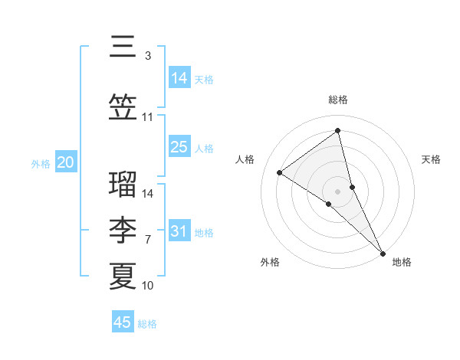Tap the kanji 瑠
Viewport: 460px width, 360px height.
pos(123,184)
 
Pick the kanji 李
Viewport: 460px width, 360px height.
pos(123,230)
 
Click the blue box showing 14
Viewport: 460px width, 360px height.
pos(179,78)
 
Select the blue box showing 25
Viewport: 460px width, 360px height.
pos(179,148)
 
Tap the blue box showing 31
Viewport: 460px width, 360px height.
pos(179,231)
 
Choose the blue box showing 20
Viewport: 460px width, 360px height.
pos(66,162)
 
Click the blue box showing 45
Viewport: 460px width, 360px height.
pos(123,322)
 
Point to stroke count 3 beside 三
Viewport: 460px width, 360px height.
pos(147,56)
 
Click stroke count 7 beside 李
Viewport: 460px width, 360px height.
pos(147,240)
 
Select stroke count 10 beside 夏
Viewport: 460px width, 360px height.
pos(147,286)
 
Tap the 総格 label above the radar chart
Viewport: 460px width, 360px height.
pos(338,100)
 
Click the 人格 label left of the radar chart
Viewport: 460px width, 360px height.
pos(245,159)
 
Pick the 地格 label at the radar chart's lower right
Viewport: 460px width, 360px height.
pos(402,262)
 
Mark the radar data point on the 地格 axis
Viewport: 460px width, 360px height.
pos(383,252)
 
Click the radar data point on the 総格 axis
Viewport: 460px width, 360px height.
pos(338,130)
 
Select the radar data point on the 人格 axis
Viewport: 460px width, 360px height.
pos(279,172)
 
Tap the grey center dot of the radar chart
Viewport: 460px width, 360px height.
pos(338,191)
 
